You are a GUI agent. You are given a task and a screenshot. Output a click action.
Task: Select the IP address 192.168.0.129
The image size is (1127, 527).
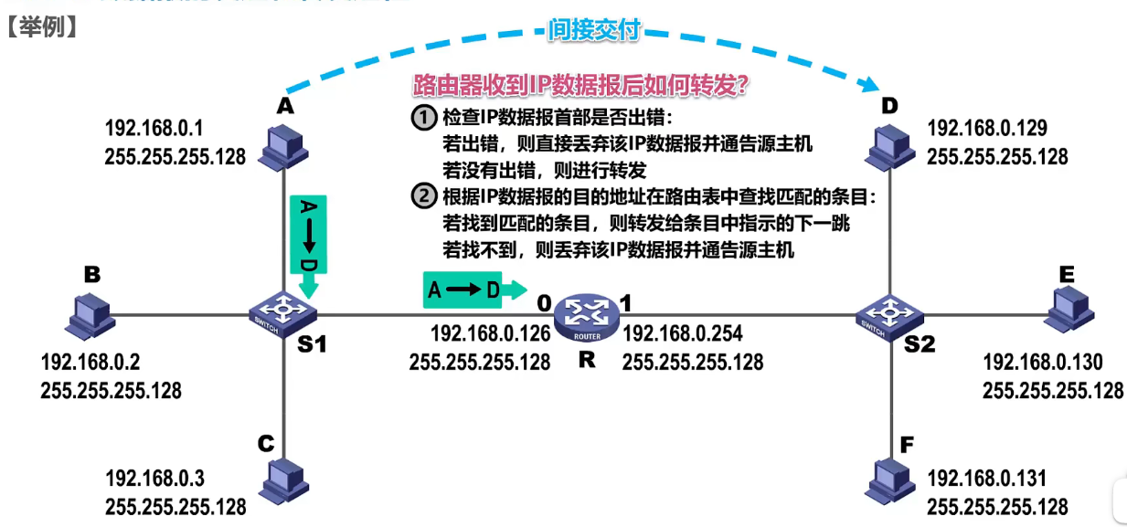point(986,128)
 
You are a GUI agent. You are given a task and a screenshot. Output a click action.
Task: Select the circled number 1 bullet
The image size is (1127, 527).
point(423,118)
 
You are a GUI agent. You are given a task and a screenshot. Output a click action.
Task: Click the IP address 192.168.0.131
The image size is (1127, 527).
point(986,478)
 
